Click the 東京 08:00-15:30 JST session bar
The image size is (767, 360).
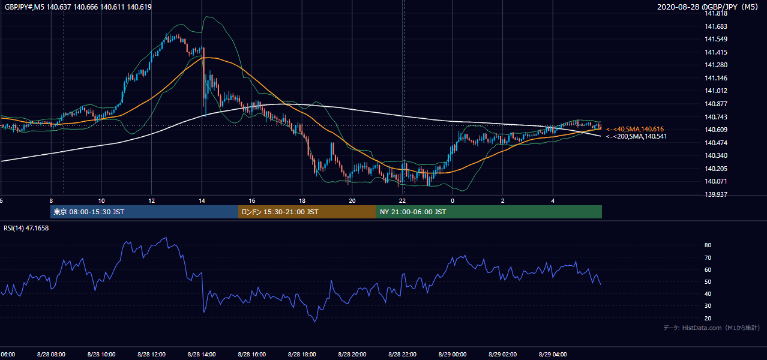(144, 212)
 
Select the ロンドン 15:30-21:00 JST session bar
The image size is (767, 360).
(307, 212)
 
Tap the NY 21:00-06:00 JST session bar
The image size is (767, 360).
(489, 212)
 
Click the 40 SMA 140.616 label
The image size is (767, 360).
(635, 129)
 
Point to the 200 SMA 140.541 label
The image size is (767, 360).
(636, 136)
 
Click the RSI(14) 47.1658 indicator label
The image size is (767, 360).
(26, 228)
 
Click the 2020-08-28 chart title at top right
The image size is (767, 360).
(708, 7)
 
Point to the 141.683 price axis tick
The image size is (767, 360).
(715, 26)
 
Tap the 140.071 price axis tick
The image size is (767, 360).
(715, 181)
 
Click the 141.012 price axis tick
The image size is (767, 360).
(715, 91)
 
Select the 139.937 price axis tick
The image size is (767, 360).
(715, 194)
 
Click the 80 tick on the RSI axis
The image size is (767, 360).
(708, 245)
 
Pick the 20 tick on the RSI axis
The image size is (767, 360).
(708, 318)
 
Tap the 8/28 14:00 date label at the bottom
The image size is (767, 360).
(202, 355)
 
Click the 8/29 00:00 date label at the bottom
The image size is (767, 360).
(453, 355)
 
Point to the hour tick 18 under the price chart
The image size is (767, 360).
(302, 201)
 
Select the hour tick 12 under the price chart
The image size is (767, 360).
(151, 201)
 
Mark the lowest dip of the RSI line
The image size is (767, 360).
(314, 322)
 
